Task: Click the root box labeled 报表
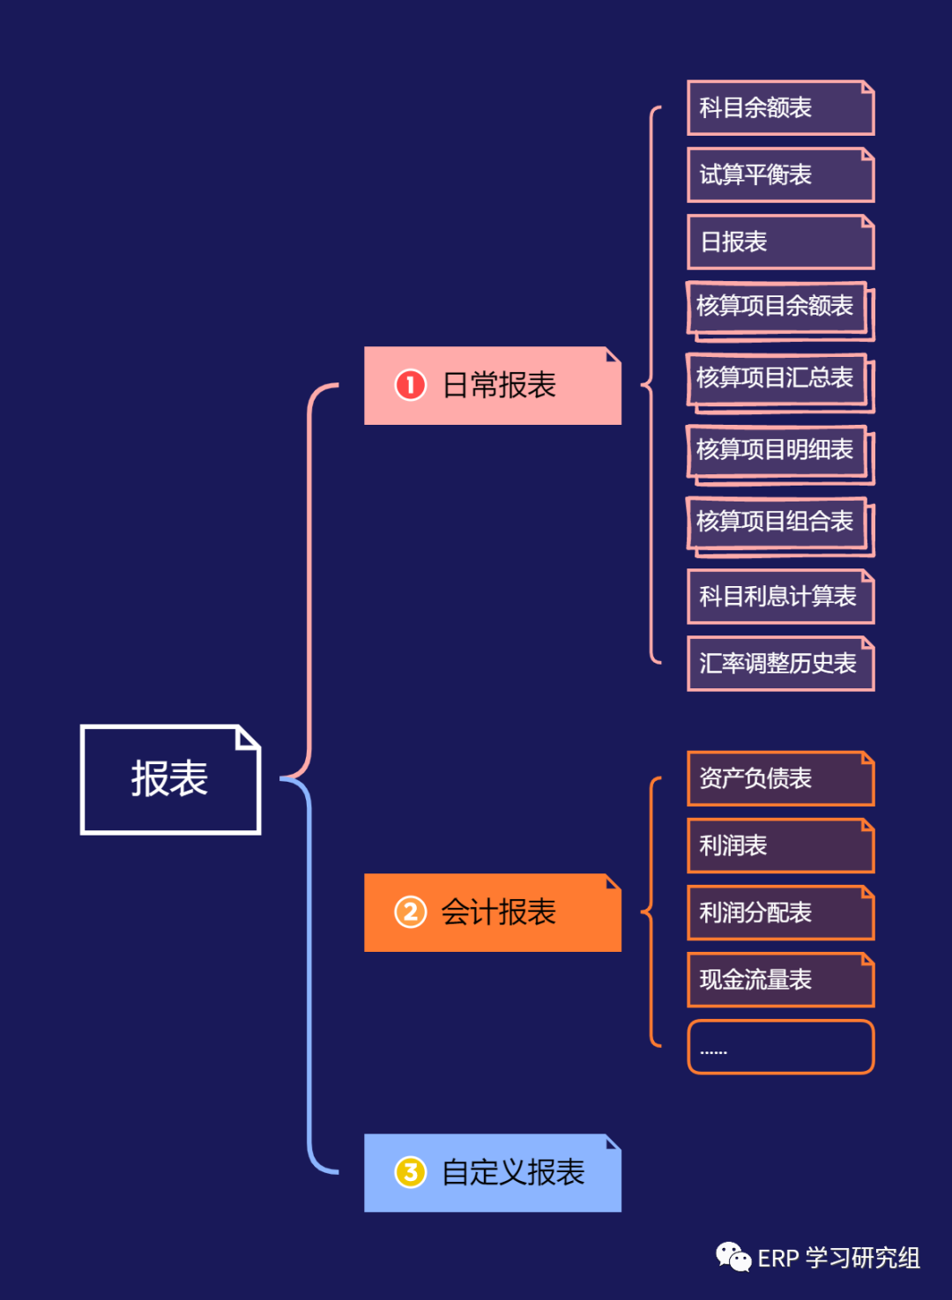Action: click(170, 779)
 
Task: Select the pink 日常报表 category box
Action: click(492, 385)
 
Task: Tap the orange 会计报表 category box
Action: click(492, 912)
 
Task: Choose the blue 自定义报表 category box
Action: click(492, 1172)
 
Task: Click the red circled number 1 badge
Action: click(410, 385)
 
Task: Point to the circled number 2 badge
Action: click(410, 912)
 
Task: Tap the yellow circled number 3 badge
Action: click(410, 1172)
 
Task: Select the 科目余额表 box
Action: click(780, 108)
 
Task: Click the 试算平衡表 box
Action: click(780, 175)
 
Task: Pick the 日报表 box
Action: click(780, 241)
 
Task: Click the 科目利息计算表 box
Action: click(780, 597)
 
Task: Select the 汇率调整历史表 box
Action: click(780, 664)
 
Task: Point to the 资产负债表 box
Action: click(780, 778)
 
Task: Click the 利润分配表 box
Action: click(780, 912)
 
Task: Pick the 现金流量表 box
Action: click(780, 979)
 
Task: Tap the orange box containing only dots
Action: click(780, 1047)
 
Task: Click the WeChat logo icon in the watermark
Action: click(733, 1257)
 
